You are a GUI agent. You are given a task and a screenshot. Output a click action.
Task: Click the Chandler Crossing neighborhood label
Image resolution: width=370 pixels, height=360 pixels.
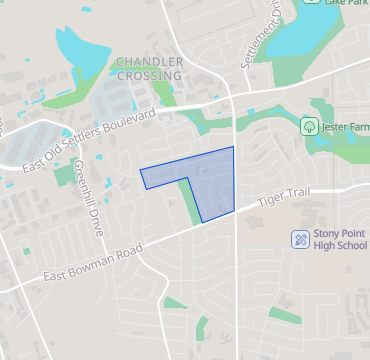(x=150, y=68)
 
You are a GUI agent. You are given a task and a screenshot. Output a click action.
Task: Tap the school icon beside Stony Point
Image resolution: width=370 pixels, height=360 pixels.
(x=298, y=239)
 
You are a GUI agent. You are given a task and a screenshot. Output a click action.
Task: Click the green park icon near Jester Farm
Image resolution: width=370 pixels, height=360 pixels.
(x=308, y=127)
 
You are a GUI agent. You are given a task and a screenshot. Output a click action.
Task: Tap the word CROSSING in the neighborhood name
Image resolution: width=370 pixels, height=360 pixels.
(x=150, y=75)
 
